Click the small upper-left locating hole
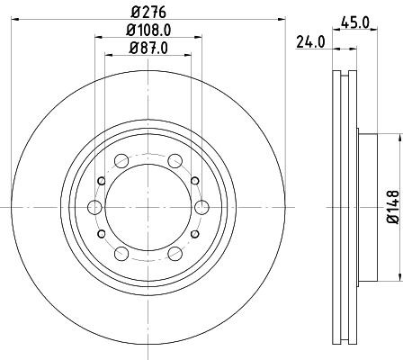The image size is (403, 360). pyautogui.click(x=101, y=181)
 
